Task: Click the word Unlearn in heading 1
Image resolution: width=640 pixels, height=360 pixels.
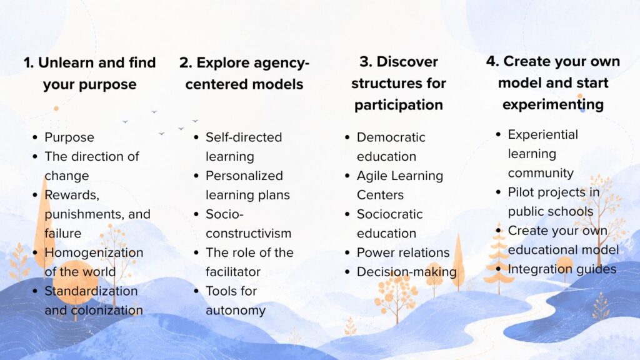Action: pyautogui.click(x=66, y=62)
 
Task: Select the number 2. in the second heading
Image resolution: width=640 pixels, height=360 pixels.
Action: pyautogui.click(x=186, y=63)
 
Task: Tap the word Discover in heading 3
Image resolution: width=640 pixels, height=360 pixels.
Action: pyautogui.click(x=407, y=62)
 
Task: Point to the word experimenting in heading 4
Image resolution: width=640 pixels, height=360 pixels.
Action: pyautogui.click(x=553, y=104)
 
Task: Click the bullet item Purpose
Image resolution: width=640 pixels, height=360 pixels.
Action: pyautogui.click(x=69, y=137)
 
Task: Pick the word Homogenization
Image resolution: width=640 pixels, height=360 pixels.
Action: pyautogui.click(x=94, y=252)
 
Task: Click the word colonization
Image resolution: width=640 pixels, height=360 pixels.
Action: pyautogui.click(x=107, y=310)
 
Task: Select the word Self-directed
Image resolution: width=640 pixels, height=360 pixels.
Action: pyautogui.click(x=244, y=137)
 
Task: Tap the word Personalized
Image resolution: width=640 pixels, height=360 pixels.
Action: pyautogui.click(x=244, y=176)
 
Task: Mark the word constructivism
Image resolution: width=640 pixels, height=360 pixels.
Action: pyautogui.click(x=249, y=234)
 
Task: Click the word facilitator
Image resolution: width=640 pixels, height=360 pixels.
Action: pyautogui.click(x=233, y=272)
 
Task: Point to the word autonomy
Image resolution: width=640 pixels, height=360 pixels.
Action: pyautogui.click(x=236, y=311)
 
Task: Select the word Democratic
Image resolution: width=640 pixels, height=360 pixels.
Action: pyautogui.click(x=391, y=137)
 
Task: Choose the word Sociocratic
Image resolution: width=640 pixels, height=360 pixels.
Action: pyautogui.click(x=390, y=214)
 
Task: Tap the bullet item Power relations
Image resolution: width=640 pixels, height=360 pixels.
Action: pyautogui.click(x=403, y=252)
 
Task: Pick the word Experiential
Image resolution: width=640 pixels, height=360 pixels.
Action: pyautogui.click(x=543, y=135)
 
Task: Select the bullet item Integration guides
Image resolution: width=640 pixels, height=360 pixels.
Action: pyautogui.click(x=562, y=269)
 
